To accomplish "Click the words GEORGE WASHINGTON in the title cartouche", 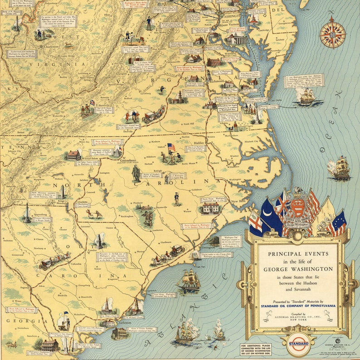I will [x=298, y=269].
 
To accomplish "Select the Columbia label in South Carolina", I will [x=76, y=263].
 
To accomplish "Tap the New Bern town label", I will [x=238, y=201].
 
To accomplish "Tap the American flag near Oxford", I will [x=171, y=147].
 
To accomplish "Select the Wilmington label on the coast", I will [x=206, y=248].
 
